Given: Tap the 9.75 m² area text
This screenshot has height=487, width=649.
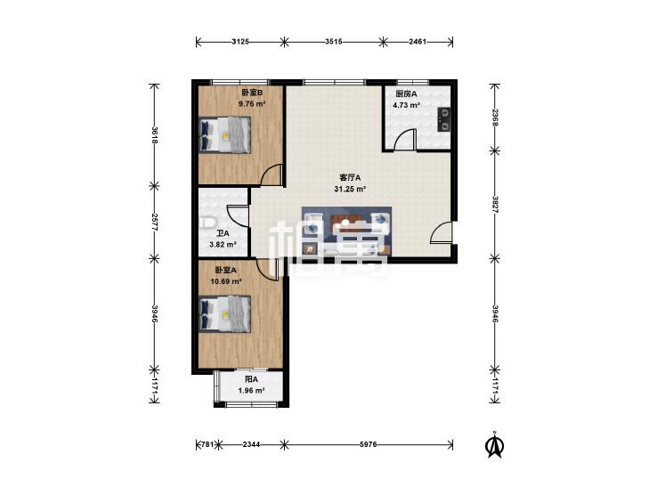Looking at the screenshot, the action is (x=252, y=104).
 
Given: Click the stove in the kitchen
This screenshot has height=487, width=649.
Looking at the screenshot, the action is (x=444, y=119).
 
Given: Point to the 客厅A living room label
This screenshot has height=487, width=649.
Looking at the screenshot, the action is (x=350, y=177).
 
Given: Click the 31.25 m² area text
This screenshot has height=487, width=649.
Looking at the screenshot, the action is (x=350, y=189).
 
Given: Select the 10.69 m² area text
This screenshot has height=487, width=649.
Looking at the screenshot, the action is (x=226, y=281).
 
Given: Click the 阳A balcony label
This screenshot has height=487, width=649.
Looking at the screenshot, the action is (x=251, y=379).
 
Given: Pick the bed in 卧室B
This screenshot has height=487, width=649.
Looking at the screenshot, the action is (x=224, y=135).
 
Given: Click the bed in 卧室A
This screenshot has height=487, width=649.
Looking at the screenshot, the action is (x=224, y=314).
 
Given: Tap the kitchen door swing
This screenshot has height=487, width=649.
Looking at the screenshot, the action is (x=405, y=139).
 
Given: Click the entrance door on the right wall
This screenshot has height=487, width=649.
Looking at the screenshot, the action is (x=442, y=232).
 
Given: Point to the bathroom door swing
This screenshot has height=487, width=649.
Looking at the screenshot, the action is (x=238, y=216).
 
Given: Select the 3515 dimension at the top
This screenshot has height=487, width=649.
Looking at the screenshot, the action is (x=334, y=41).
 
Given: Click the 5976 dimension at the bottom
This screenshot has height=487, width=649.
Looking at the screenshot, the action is (x=368, y=444).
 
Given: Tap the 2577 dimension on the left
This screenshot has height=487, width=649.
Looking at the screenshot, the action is (x=154, y=223).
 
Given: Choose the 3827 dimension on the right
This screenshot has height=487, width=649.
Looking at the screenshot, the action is (x=495, y=204).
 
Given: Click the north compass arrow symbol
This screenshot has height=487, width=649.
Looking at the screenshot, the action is (x=494, y=445).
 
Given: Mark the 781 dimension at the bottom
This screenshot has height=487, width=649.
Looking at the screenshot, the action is (x=207, y=444).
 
